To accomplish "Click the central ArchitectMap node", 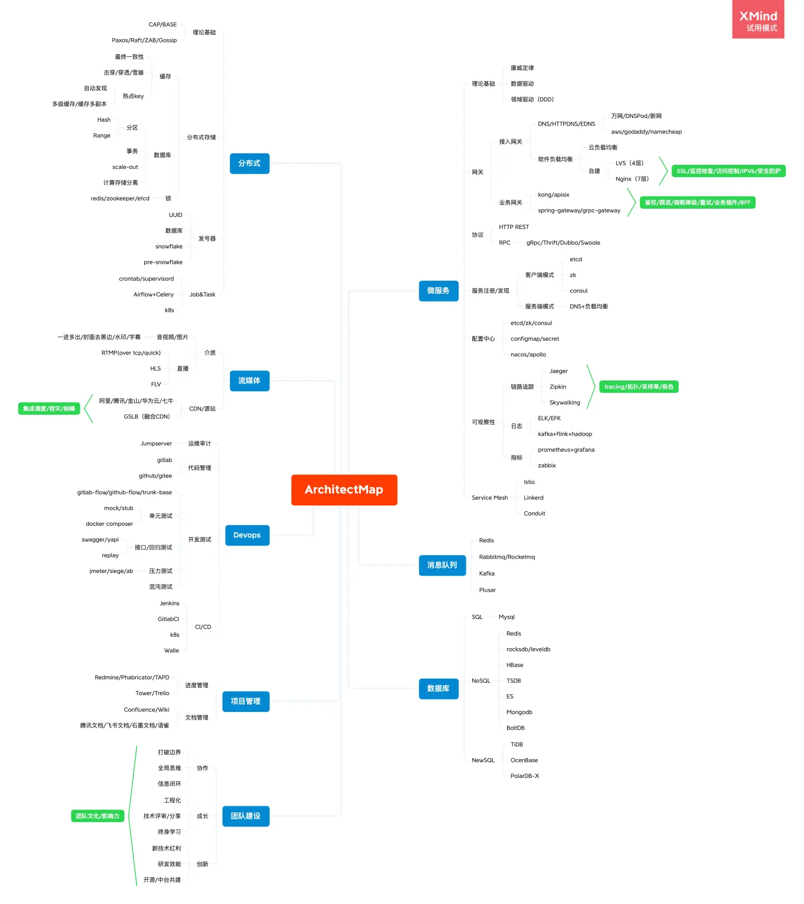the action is pos(344,490).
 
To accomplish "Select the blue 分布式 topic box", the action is pos(249,164).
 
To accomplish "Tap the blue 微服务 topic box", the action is pos(438,291).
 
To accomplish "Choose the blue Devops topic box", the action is pos(247,535).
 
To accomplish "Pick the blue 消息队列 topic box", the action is pos(442,565).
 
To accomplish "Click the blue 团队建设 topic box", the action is pos(245,817).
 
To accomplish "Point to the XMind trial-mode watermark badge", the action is pos(758,19).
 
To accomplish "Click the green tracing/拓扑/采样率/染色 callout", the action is pos(639,387).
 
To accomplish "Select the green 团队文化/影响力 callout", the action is pos(98,816).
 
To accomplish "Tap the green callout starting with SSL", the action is pos(728,171).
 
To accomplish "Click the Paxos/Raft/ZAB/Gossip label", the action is pos(144,40).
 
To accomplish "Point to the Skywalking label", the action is pos(565,402).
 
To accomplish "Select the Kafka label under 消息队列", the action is pos(487,574).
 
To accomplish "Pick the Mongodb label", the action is pos(519,712).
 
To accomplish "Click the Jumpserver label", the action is pos(156,444).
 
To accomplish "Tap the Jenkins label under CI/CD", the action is pos(169,604).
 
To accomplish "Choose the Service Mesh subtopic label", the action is pos(490,498).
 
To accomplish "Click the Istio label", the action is pos(529,482).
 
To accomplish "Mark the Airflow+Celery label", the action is pos(153,295).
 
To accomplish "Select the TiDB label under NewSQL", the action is pos(517,745).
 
